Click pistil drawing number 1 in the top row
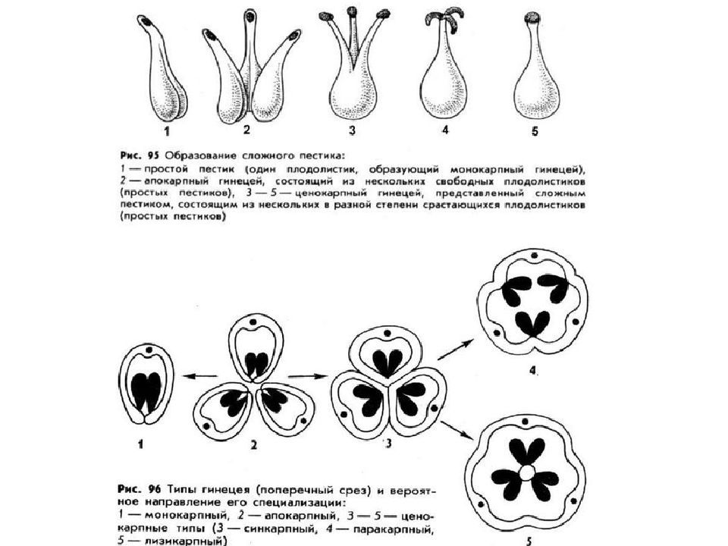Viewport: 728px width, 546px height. [x=161, y=76]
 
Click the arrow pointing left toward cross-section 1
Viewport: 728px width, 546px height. [x=199, y=375]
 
